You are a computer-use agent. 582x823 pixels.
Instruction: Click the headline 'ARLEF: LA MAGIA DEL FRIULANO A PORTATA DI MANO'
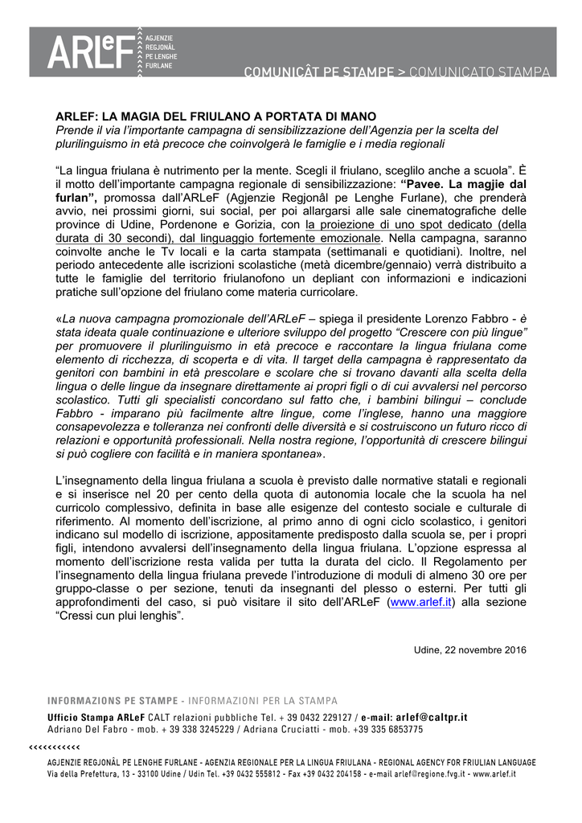[215, 117]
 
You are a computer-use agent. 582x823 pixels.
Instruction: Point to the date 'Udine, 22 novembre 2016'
[470, 650]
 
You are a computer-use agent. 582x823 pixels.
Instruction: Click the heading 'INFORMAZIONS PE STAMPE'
[112, 701]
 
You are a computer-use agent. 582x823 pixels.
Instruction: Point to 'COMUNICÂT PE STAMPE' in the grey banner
[319, 72]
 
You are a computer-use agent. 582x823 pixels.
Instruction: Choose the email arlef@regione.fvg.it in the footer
[427, 774]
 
